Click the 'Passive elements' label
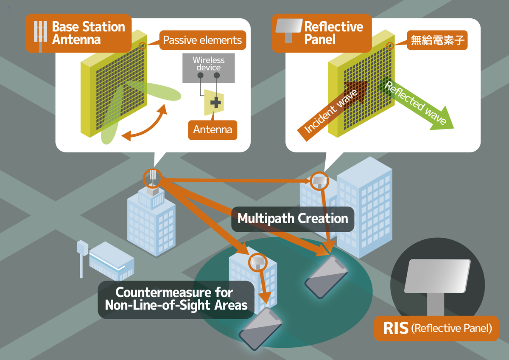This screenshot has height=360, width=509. coord(202,40)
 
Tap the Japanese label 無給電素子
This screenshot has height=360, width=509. coord(437,40)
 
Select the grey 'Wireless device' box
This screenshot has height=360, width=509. coord(208,68)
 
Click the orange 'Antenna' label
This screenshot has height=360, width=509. coord(213,129)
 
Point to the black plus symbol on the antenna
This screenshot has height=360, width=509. coord(216,102)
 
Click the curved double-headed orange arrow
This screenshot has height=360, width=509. coord(144,123)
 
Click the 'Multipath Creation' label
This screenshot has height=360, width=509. coord(293,219)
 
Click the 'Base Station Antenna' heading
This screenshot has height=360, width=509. coord(88,34)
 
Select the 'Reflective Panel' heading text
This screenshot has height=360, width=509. coord(334,34)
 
